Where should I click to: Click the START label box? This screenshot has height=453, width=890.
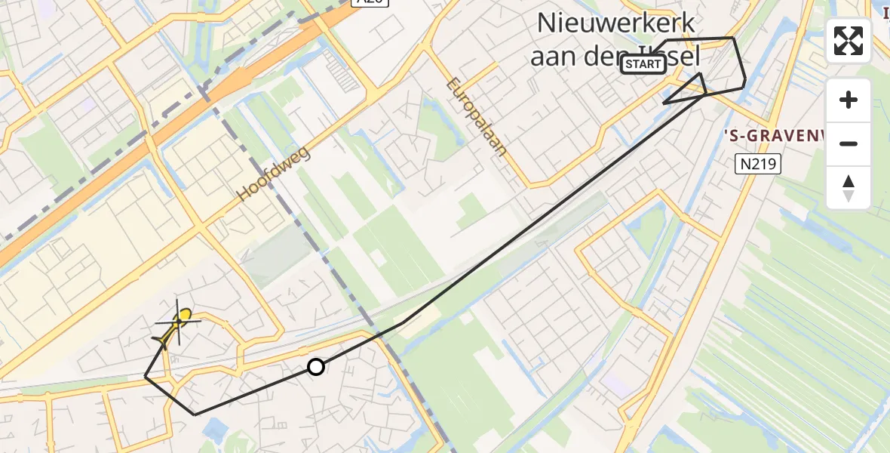pyautogui.click(x=643, y=65)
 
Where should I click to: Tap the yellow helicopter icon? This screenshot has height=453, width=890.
pyautogui.click(x=177, y=325)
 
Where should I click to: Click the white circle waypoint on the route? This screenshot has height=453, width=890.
pyautogui.click(x=316, y=367)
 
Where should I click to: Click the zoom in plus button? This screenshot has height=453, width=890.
pyautogui.click(x=849, y=100)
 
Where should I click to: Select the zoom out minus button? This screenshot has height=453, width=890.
pyautogui.click(x=849, y=143)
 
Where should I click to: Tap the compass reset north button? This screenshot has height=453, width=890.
pyautogui.click(x=849, y=187)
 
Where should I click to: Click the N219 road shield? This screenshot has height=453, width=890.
pyautogui.click(x=757, y=164)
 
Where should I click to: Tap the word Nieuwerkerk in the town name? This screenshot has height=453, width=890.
pyautogui.click(x=615, y=23)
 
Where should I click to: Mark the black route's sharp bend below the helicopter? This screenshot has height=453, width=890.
pyautogui.click(x=146, y=376)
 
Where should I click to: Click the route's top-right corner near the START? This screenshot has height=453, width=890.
pyautogui.click(x=732, y=38)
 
